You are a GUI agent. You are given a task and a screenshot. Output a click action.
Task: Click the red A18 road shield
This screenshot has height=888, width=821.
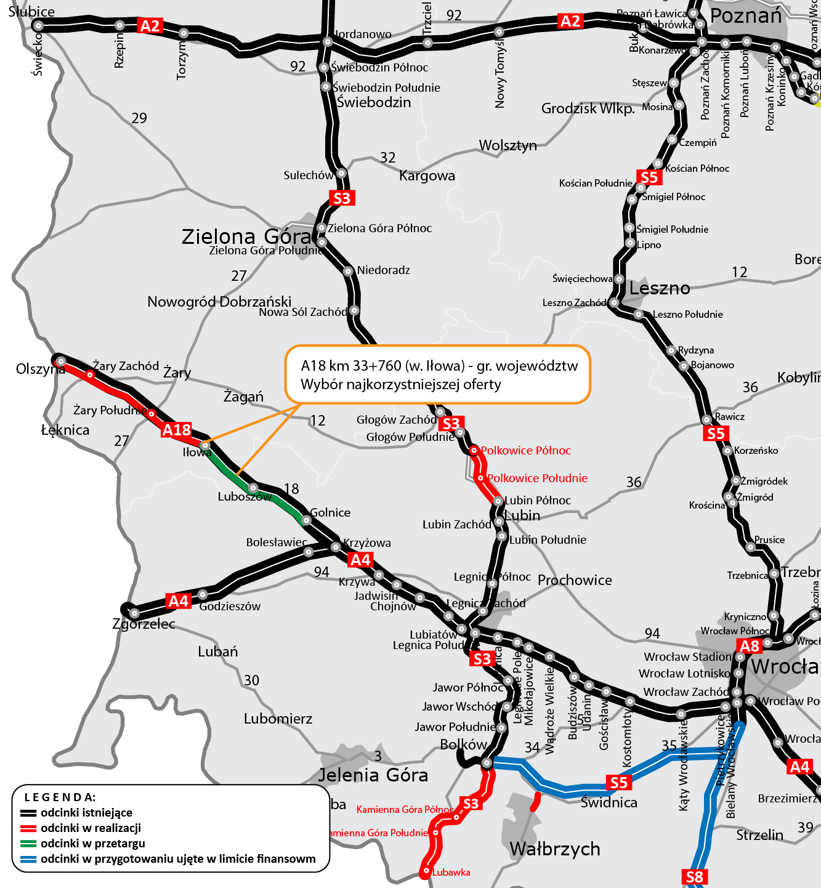[176, 430]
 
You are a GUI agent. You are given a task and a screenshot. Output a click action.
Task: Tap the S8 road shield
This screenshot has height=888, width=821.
[694, 877]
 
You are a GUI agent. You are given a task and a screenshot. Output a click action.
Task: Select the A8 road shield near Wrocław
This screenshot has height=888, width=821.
[750, 646]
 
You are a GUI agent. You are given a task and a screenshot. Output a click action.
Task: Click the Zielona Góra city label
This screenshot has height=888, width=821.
[246, 236]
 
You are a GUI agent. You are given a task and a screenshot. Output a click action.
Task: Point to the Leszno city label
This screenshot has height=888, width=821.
[660, 288]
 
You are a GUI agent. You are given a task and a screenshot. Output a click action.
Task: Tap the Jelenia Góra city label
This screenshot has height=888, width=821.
[373, 775]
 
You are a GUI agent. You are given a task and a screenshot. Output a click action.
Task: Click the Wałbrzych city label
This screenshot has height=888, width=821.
[555, 849]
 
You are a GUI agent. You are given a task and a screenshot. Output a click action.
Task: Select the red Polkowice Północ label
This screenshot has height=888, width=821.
[525, 451]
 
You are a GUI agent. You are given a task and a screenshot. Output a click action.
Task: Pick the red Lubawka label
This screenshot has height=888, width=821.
[451, 872]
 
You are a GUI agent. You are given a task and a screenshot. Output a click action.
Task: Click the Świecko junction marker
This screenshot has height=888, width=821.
[38, 26]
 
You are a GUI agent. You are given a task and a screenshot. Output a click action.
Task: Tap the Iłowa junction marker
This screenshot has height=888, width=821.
[205, 445]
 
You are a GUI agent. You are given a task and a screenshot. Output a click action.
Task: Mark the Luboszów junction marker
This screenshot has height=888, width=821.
[253, 488]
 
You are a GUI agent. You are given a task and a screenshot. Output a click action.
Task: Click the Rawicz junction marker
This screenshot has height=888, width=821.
[706, 420]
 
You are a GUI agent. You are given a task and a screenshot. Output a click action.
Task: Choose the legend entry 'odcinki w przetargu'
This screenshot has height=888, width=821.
[93, 844]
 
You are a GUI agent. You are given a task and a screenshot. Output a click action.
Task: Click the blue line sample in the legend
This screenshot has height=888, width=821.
[28, 859]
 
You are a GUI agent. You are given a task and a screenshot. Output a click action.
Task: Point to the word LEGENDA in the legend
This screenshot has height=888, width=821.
[60, 797]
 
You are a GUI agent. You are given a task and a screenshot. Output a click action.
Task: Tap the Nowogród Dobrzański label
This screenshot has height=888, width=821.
[219, 302]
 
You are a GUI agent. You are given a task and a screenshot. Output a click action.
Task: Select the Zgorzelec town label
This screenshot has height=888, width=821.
[144, 624]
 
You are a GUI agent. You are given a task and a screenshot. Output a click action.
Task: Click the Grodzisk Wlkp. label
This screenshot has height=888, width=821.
[588, 109]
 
